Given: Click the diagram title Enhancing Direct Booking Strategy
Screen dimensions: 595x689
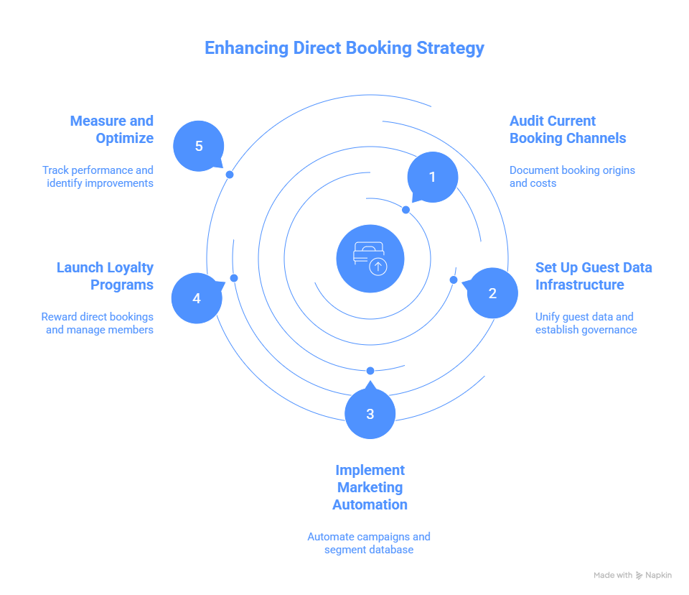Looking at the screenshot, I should click(344, 48).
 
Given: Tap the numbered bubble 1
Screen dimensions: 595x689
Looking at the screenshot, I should click(432, 176).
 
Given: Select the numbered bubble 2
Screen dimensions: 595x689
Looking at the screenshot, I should click(492, 292).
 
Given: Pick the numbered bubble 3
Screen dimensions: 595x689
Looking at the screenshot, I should click(370, 414).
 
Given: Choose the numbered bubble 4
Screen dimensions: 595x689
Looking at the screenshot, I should click(197, 297).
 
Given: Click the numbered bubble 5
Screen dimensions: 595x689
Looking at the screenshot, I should click(199, 146).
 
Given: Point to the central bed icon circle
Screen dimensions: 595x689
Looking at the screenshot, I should click(370, 259).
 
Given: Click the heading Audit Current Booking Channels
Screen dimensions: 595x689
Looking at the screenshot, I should click(567, 129).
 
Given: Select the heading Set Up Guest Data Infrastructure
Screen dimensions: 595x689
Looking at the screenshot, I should click(593, 276).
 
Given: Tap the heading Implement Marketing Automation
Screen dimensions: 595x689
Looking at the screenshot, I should click(370, 487).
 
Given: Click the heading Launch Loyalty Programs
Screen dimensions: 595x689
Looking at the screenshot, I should click(105, 276).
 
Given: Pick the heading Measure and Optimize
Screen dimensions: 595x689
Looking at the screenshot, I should click(112, 129).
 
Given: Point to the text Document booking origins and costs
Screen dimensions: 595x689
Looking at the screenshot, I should click(571, 177).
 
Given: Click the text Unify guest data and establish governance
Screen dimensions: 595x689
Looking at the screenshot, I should click(586, 323).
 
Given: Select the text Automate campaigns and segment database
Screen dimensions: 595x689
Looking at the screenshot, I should click(369, 543).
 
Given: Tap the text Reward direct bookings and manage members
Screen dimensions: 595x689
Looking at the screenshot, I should click(98, 323).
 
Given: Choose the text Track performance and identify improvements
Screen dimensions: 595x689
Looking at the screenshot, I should click(98, 177).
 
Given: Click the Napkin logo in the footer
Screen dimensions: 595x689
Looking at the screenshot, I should click(653, 576).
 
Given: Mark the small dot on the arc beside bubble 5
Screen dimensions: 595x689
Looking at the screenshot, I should click(230, 175).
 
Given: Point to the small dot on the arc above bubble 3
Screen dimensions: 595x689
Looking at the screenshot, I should click(370, 371).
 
